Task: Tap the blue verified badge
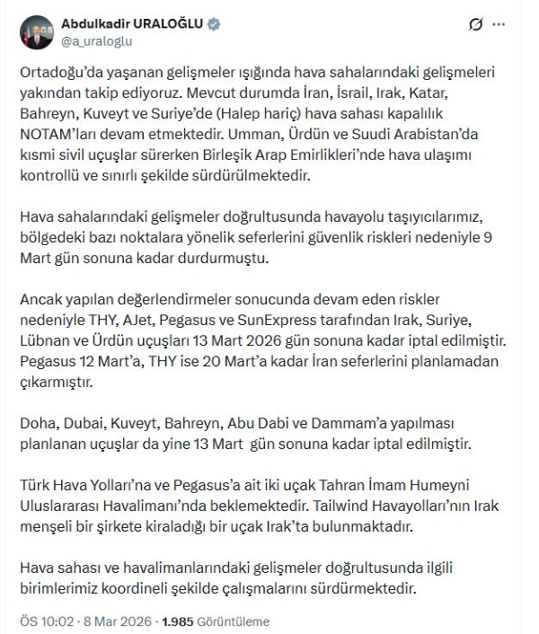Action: [x=213, y=23]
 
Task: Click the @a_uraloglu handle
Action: [x=95, y=40]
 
